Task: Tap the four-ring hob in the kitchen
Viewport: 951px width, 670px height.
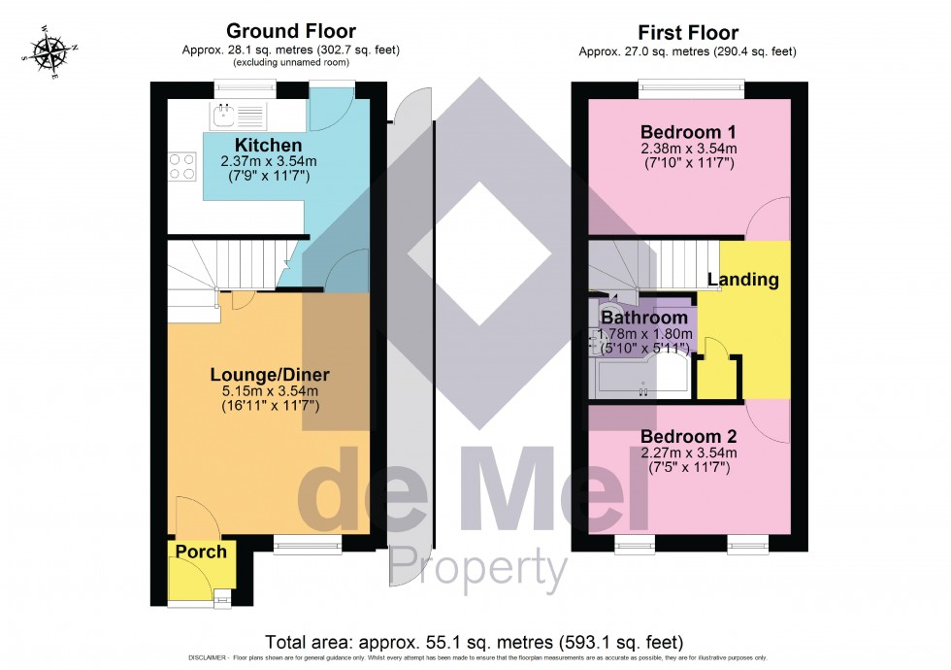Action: coord(180,167)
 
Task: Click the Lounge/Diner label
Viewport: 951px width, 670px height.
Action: coord(271,375)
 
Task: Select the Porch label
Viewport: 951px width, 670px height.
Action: coord(201,552)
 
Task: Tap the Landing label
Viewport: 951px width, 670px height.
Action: coord(742,280)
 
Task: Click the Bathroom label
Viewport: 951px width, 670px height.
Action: coord(644,317)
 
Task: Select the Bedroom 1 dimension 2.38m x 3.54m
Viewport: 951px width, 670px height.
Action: coord(689,149)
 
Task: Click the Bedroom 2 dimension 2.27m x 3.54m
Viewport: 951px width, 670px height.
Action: coord(689,452)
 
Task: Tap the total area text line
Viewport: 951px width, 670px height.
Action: coord(475,642)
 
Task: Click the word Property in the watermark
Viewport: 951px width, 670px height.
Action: coord(477,567)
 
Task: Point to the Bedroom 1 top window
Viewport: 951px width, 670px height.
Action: coord(691,89)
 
